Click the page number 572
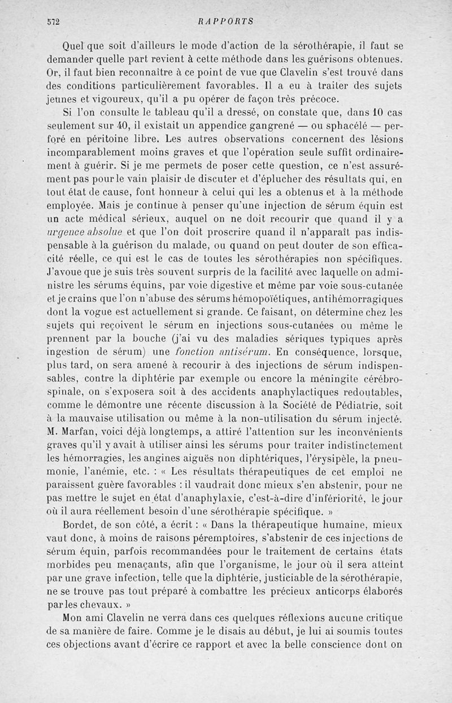(x=54, y=21)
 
